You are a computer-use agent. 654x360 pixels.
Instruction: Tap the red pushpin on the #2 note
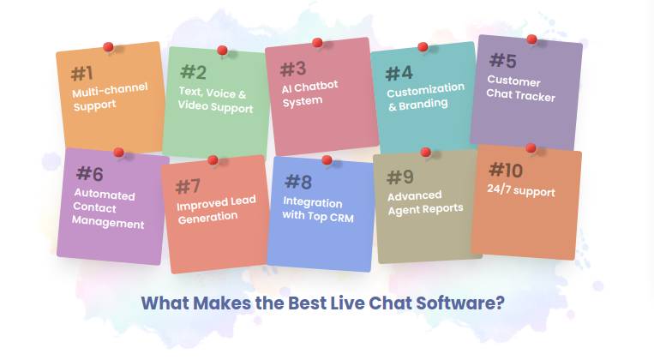[x=223, y=51]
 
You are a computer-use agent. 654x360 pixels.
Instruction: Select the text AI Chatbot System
[x=309, y=93]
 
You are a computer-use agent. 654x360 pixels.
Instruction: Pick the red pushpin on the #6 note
[x=118, y=153]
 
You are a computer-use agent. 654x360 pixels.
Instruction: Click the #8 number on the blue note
[x=297, y=182]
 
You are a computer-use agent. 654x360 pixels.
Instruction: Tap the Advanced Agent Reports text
[x=425, y=201]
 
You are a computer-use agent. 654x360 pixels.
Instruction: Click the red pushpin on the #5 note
[x=531, y=39]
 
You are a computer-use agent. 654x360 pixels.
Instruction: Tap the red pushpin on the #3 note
[x=317, y=42]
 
